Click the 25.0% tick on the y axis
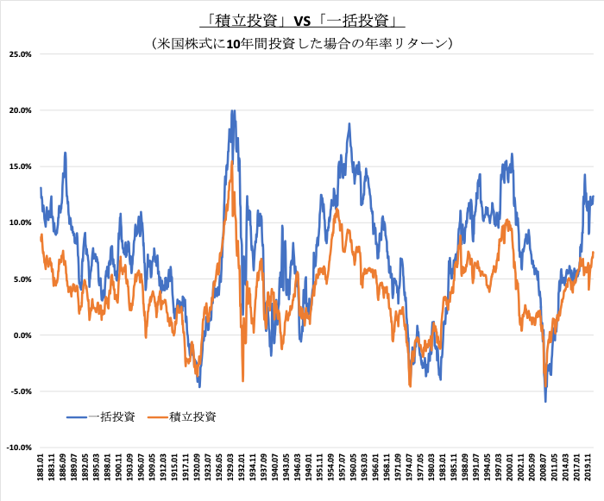(19, 54)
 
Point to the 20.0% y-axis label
(19, 110)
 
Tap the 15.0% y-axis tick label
(19, 166)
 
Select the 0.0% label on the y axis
(21, 335)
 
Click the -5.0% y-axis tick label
(19, 391)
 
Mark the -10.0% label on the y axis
(17, 448)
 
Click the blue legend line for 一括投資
(77, 416)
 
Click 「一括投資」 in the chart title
(358, 20)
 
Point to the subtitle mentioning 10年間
(301, 41)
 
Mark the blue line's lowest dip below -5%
(545, 401)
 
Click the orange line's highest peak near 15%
(232, 161)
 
